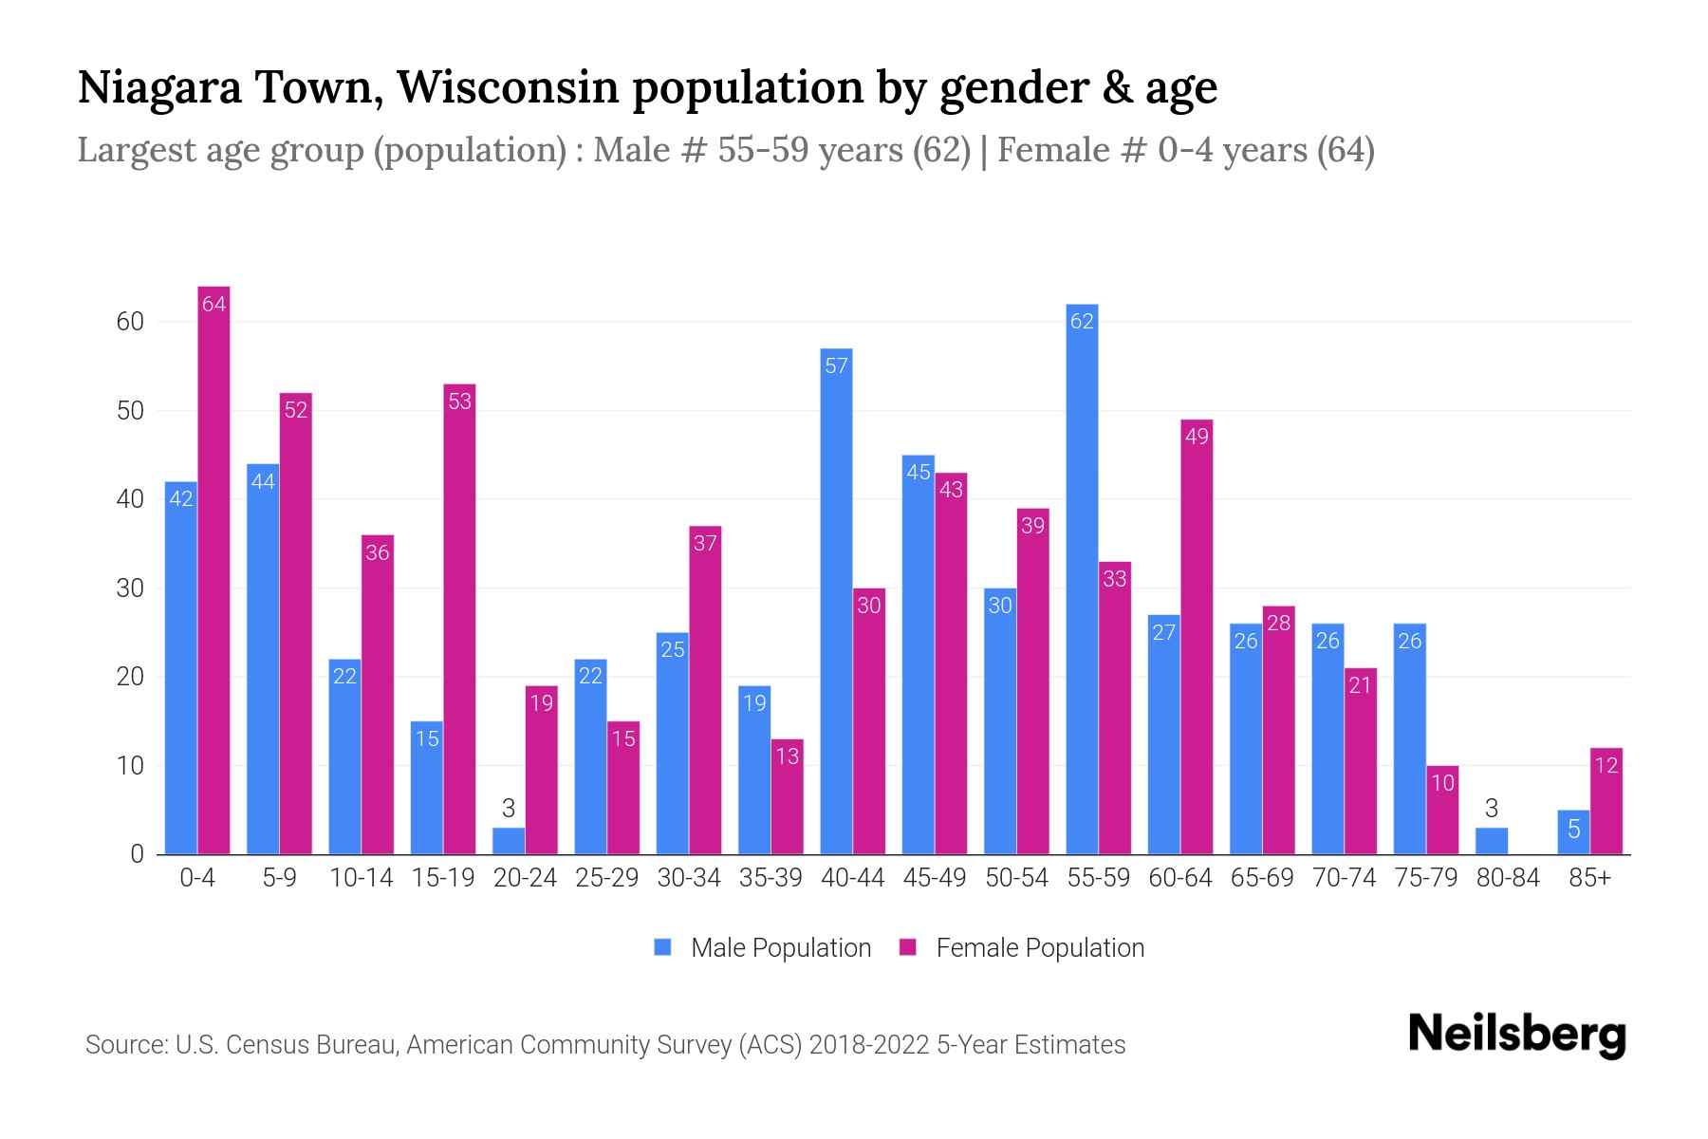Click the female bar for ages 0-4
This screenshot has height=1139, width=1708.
214,569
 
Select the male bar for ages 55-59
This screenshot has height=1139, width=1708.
1082,579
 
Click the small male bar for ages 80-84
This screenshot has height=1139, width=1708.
1492,841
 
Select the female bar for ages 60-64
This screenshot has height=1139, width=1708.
1197,637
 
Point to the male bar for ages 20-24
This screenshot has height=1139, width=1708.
509,841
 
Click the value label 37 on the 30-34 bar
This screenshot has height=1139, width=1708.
705,544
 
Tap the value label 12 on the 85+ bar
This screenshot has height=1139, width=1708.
1606,765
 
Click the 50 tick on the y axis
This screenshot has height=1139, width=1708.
130,411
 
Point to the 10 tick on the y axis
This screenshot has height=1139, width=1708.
130,766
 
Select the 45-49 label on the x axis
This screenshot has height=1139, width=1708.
935,878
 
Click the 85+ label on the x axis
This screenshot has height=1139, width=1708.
1589,878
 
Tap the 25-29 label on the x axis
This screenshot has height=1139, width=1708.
607,878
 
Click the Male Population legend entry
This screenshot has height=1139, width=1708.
780,948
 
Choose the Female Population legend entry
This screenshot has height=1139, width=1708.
1039,948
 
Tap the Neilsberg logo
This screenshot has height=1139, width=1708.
1516,1035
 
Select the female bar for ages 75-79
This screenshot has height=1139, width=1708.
1442,810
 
